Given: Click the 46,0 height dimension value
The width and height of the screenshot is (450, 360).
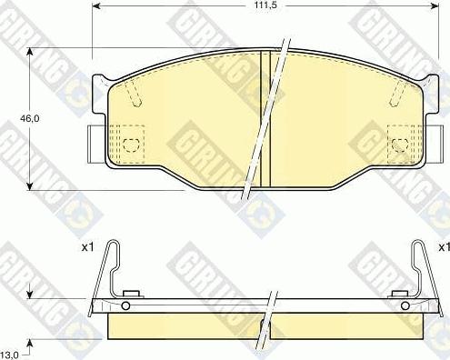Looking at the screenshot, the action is tap(30, 118).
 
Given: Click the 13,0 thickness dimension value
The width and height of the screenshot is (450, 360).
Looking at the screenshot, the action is tap(10, 354).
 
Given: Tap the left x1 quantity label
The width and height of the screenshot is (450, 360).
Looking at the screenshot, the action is tap(87, 247).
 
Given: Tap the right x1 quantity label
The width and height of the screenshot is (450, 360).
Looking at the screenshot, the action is tap(445, 247).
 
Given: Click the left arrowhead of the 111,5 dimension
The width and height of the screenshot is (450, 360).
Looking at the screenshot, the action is tap(96, 5).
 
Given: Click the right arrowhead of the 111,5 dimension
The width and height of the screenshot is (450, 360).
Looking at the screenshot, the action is tap(435, 5).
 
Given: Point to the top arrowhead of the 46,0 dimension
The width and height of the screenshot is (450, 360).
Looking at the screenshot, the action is tap(29, 52).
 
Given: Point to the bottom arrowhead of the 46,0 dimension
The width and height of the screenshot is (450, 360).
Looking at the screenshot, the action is tap(29, 186).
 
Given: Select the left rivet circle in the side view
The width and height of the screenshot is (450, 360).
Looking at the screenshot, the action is tap(125, 305).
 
